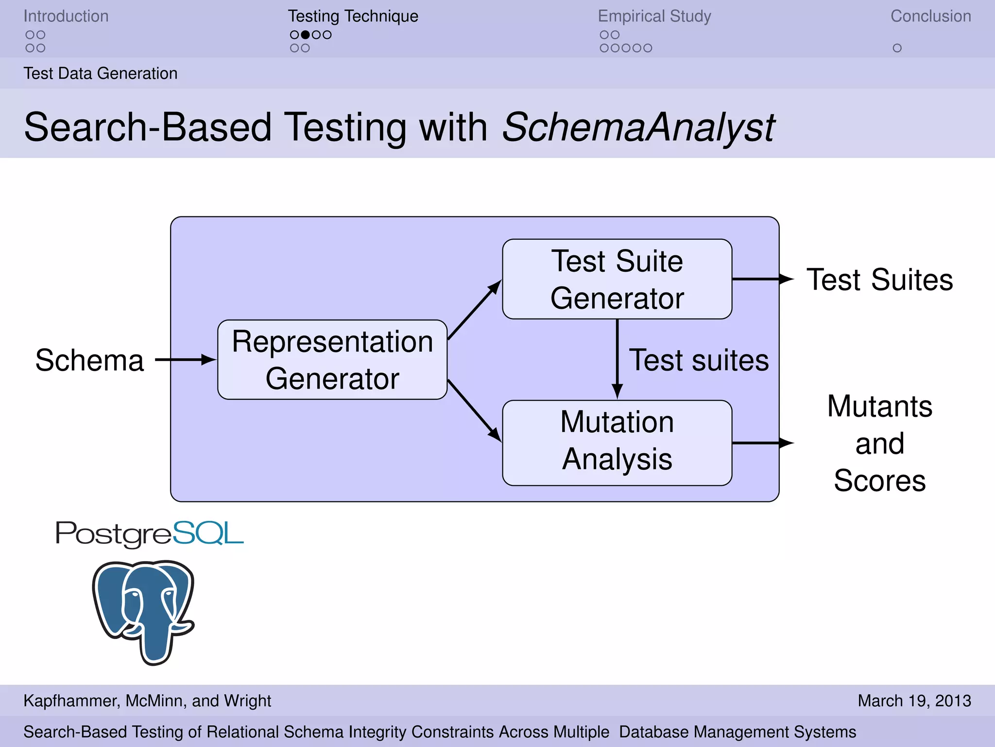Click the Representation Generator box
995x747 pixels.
click(x=332, y=360)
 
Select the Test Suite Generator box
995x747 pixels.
click(x=617, y=279)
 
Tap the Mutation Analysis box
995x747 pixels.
click(x=617, y=443)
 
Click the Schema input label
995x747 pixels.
click(x=89, y=360)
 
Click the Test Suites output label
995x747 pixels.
click(x=879, y=280)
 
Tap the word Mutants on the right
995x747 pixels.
click(x=879, y=406)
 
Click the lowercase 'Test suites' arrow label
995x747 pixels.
click(x=699, y=360)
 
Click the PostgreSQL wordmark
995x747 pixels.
click(x=149, y=534)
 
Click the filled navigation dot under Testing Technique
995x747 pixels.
click(x=305, y=35)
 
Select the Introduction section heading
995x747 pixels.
click(x=66, y=16)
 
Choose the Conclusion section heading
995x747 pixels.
click(x=930, y=16)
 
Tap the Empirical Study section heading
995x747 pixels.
click(x=654, y=16)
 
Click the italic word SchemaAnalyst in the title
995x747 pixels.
click(x=638, y=127)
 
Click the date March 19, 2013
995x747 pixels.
click(x=914, y=701)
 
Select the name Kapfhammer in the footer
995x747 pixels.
click(x=71, y=701)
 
